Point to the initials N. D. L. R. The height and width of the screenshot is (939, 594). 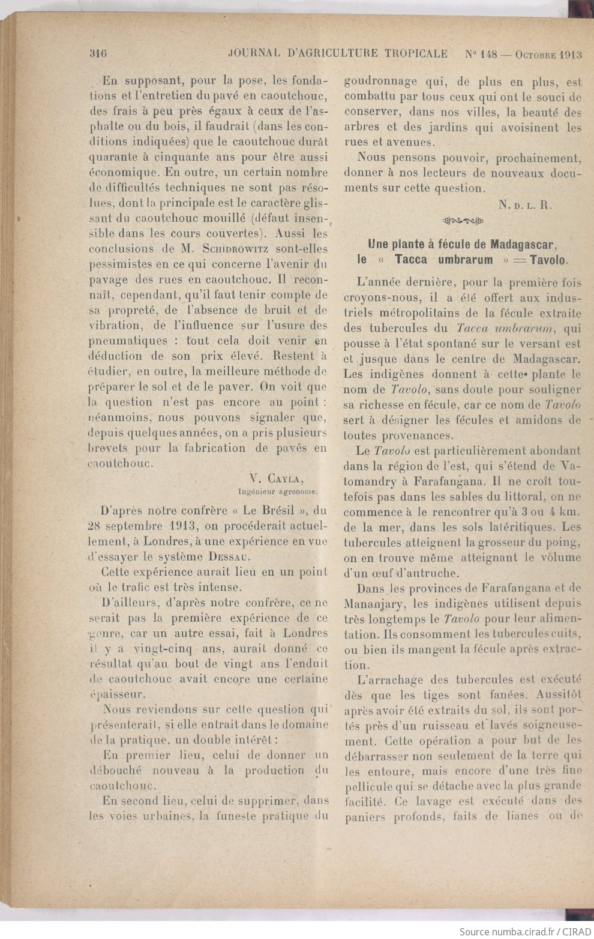[x=525, y=204]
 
